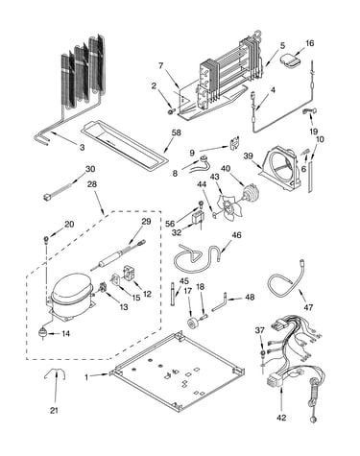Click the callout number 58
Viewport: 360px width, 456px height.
(177, 132)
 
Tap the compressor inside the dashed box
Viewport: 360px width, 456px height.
(71, 296)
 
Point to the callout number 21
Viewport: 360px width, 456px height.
(54, 410)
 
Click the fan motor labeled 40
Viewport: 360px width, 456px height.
(252, 193)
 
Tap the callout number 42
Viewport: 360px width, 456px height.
(282, 418)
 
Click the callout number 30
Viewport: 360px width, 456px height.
(90, 169)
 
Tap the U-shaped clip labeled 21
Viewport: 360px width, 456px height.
(55, 373)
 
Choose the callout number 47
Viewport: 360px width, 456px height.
(308, 307)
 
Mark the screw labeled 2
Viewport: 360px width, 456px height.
(171, 111)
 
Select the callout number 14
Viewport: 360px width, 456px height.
(65, 334)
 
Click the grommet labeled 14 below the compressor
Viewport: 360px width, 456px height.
(42, 333)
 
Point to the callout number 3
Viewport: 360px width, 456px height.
(83, 148)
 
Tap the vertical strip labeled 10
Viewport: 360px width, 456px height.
(310, 174)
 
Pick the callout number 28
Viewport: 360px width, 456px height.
(92, 184)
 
